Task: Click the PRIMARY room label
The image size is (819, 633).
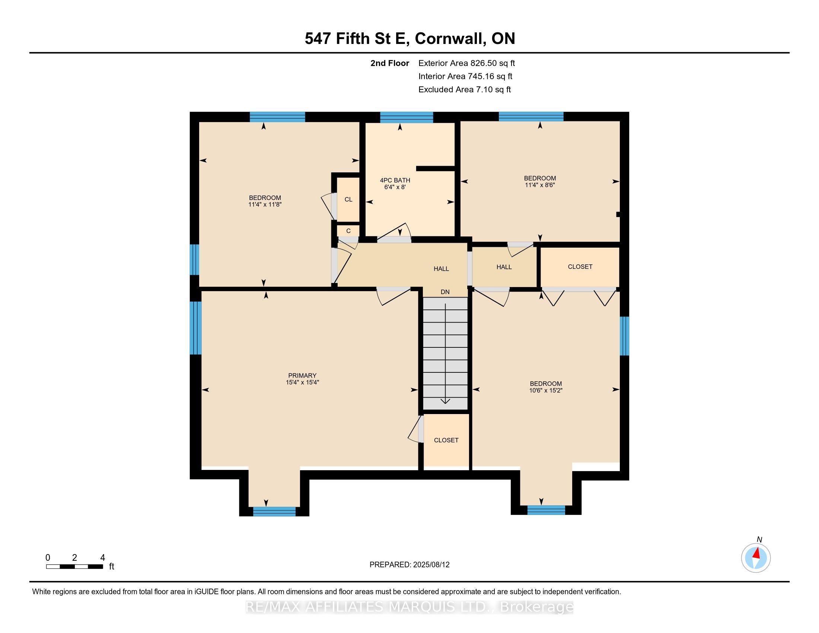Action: [302, 375]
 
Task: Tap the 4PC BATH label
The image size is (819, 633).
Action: [395, 180]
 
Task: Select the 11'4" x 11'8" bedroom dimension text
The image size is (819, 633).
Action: [265, 205]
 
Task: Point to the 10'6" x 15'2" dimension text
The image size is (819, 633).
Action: [546, 390]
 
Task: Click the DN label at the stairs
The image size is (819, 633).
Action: [445, 292]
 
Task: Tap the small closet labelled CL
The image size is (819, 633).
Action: [348, 200]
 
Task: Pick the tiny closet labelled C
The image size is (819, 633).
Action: [348, 231]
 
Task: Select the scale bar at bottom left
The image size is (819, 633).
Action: [74, 567]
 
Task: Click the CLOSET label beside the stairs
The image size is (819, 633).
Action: [446, 440]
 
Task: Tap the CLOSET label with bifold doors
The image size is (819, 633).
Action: [580, 267]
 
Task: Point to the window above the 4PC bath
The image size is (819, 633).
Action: [407, 117]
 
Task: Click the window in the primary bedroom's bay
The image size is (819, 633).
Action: [274, 512]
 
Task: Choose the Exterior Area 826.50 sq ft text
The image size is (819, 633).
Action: [467, 63]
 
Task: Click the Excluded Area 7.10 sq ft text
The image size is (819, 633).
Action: [465, 90]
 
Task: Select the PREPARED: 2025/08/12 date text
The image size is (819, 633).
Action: [409, 565]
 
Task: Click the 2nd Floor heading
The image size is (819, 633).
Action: [390, 63]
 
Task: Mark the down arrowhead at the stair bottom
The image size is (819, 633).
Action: [445, 401]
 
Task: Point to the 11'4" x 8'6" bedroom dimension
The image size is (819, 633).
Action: [540, 185]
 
